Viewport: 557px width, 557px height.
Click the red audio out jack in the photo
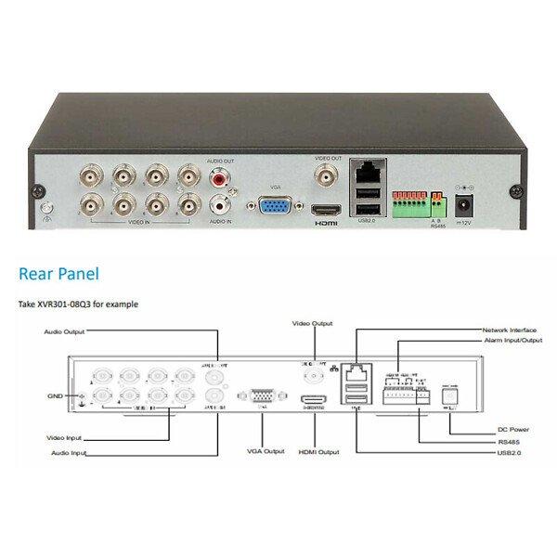coord(220,175)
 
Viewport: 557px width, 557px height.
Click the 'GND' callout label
coord(57,395)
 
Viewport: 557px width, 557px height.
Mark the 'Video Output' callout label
coord(313,323)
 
